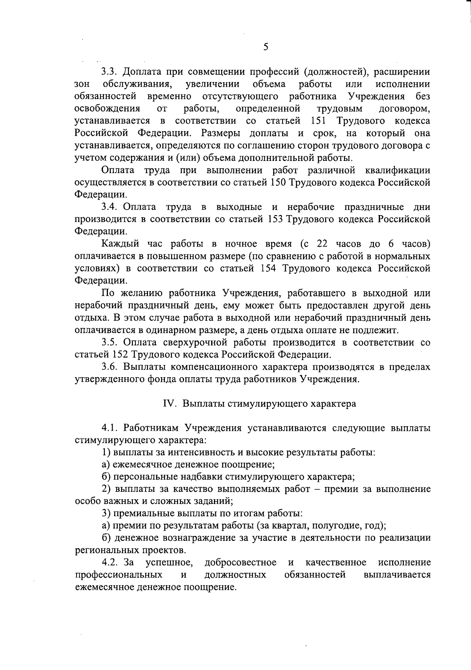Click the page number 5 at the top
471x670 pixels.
click(266, 47)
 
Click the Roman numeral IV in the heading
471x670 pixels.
click(168, 404)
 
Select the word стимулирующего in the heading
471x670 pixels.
click(262, 404)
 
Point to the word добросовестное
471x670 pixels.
click(241, 563)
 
